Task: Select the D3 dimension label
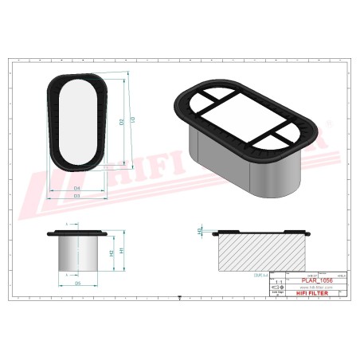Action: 76,195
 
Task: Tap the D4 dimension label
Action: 76,189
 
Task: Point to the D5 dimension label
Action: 77,283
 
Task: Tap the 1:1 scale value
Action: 278,282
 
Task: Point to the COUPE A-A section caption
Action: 260,274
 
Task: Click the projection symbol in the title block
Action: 278,288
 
